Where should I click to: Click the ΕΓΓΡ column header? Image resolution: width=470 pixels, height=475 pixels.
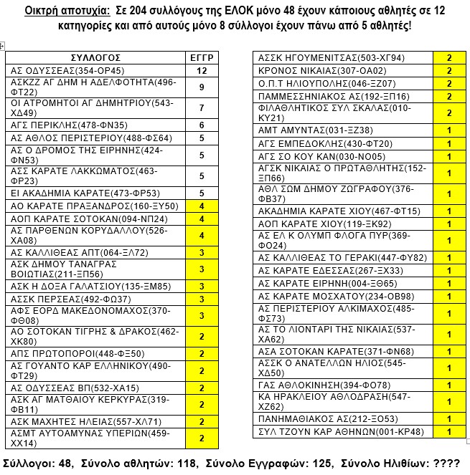[x=202, y=57]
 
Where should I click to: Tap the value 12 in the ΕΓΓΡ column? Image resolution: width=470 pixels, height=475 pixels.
[x=202, y=71]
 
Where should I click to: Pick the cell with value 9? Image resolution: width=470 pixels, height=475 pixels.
[x=202, y=87]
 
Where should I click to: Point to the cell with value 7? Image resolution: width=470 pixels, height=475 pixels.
[x=202, y=108]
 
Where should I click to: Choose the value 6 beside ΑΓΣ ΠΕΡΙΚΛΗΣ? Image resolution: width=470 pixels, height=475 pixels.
[x=202, y=125]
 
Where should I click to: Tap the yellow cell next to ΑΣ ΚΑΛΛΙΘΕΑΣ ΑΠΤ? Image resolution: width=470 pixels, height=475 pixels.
[x=202, y=253]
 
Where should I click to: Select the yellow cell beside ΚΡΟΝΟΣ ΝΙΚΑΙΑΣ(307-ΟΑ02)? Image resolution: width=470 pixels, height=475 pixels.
[x=448, y=71]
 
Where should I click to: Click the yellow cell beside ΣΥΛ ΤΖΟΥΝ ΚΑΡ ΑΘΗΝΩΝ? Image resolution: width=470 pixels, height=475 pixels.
[x=448, y=432]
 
